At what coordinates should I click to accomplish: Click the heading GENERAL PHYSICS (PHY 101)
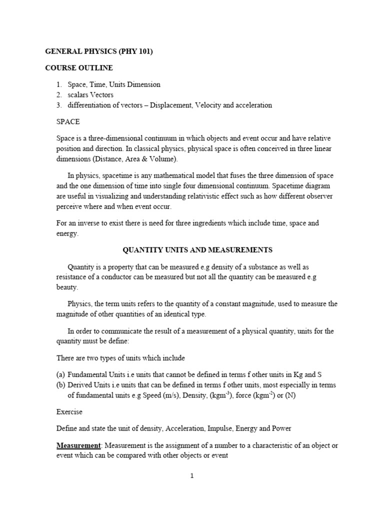(98, 51)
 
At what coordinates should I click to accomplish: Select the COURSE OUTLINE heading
(79, 67)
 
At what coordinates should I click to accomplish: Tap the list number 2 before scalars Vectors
(58, 94)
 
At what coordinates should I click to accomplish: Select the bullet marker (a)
(60, 374)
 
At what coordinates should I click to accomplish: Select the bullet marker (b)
(60, 385)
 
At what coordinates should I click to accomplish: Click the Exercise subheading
(69, 412)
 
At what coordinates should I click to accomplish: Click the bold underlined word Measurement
(77, 445)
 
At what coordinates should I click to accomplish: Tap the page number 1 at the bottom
(191, 475)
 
